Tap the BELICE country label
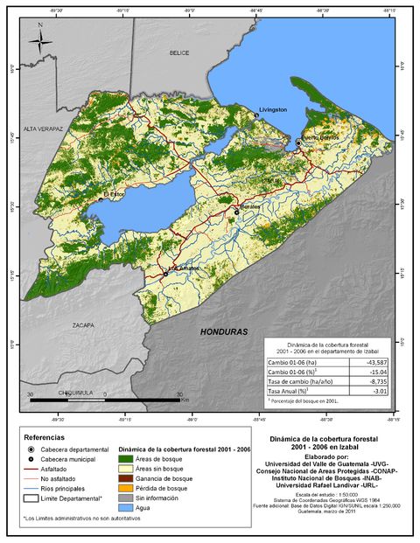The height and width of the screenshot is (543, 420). pos(179,53)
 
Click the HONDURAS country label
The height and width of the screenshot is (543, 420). pos(224,332)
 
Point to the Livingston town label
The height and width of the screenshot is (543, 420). pos(272,110)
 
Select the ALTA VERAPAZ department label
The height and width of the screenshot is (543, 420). pos(45,128)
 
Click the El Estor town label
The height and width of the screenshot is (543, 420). pos(116,194)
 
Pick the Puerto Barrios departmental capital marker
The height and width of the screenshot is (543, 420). pos(298,142)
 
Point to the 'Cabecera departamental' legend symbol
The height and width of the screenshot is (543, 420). pos(31,449)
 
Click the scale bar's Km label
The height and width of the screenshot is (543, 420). pos(185,399)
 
